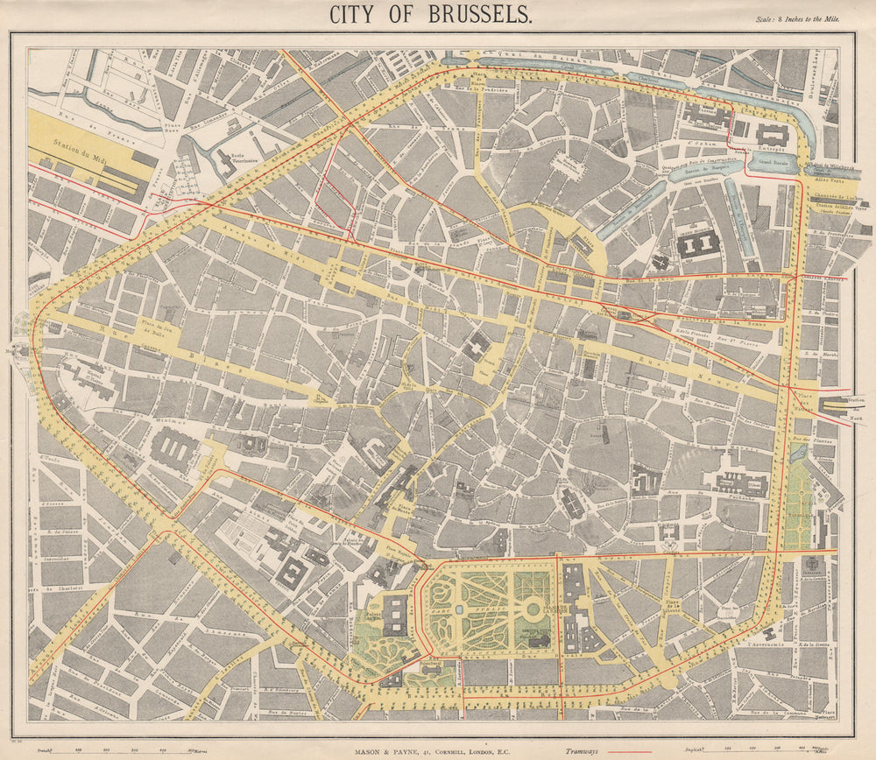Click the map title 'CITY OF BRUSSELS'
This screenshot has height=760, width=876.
[429, 15]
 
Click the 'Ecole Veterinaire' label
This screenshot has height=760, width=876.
[244, 159]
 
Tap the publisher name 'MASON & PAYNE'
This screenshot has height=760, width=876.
[389, 750]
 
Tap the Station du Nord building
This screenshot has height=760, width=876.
[836, 405]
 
